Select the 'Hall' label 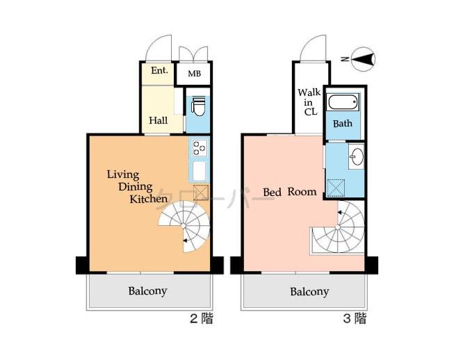[159, 120]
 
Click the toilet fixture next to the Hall [197, 106]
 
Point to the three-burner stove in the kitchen [200, 147]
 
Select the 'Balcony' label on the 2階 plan [147, 291]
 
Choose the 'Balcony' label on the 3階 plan [309, 291]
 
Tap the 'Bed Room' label [289, 192]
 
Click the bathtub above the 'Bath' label [343, 104]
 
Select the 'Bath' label [343, 124]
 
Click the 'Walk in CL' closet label [308, 101]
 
